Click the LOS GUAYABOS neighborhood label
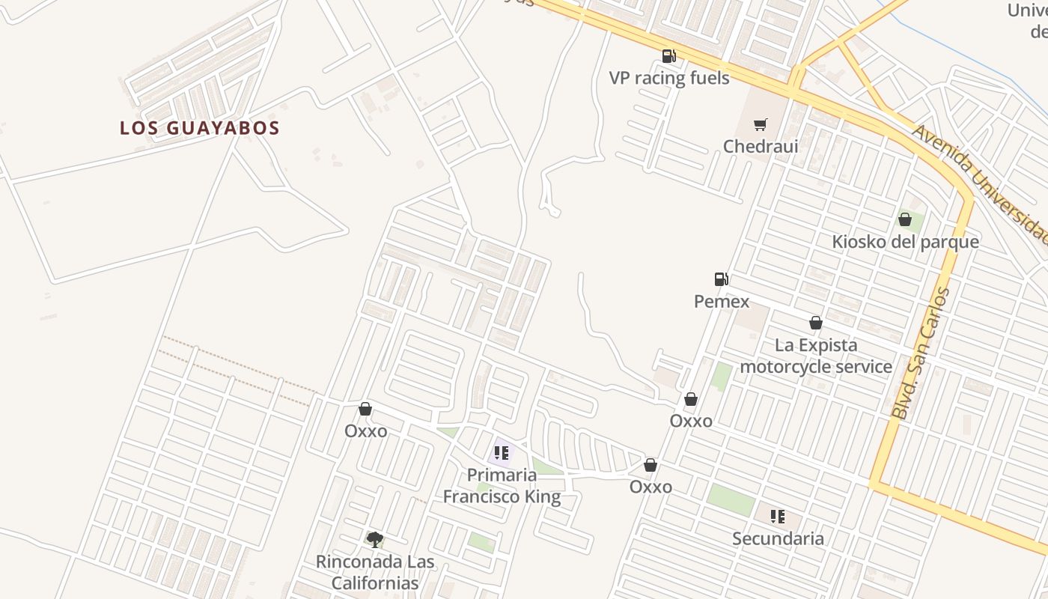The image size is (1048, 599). [199, 128]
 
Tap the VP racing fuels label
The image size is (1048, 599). [668, 78]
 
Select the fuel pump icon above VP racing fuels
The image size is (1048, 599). [668, 55]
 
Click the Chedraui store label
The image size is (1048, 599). [760, 146]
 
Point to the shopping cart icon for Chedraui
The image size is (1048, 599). [761, 124]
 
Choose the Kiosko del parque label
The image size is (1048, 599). [905, 242]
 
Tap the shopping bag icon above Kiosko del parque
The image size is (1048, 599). [904, 219]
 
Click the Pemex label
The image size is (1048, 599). [721, 301]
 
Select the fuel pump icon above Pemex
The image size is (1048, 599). [721, 279]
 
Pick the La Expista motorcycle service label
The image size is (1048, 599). [815, 356]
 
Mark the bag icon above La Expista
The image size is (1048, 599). [816, 323]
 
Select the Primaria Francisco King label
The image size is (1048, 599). [502, 485]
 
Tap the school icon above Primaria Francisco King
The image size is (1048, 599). [502, 452]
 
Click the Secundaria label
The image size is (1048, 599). [778, 538]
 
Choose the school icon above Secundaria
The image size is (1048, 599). [778, 516]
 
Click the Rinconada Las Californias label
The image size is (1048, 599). [375, 572]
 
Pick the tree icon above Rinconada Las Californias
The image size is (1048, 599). [375, 539]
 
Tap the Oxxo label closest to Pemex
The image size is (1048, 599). [691, 421]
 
